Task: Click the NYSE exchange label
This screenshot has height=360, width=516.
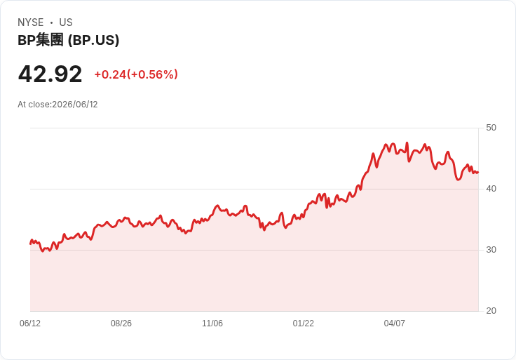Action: [x=31, y=22]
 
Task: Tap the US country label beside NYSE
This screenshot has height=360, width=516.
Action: [x=66, y=22]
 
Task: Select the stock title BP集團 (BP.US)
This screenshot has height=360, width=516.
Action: [x=69, y=40]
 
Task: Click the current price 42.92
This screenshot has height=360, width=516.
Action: [x=50, y=74]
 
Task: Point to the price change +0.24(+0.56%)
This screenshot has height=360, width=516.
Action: [x=136, y=74]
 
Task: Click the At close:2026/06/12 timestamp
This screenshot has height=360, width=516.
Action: [x=57, y=105]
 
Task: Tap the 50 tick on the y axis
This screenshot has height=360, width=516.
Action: [x=491, y=128]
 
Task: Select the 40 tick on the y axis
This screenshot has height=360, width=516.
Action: [x=491, y=189]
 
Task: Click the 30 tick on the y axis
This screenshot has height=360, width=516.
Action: [x=491, y=250]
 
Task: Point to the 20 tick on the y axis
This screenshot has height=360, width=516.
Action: [x=491, y=311]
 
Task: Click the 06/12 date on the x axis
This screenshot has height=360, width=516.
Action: [x=30, y=324]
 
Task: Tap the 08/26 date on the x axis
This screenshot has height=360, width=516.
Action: [x=121, y=324]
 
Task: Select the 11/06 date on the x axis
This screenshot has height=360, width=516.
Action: [x=212, y=324]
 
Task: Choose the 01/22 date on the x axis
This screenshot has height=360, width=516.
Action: [x=304, y=324]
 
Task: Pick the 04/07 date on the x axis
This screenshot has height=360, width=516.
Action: [x=394, y=324]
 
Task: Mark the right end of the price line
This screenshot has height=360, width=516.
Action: [x=478, y=172]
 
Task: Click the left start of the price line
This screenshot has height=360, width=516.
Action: [x=30, y=244]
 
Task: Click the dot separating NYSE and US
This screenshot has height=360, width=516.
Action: [x=51, y=22]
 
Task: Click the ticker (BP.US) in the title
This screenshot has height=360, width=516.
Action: [x=93, y=41]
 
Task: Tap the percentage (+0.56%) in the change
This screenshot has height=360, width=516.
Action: [x=154, y=74]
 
